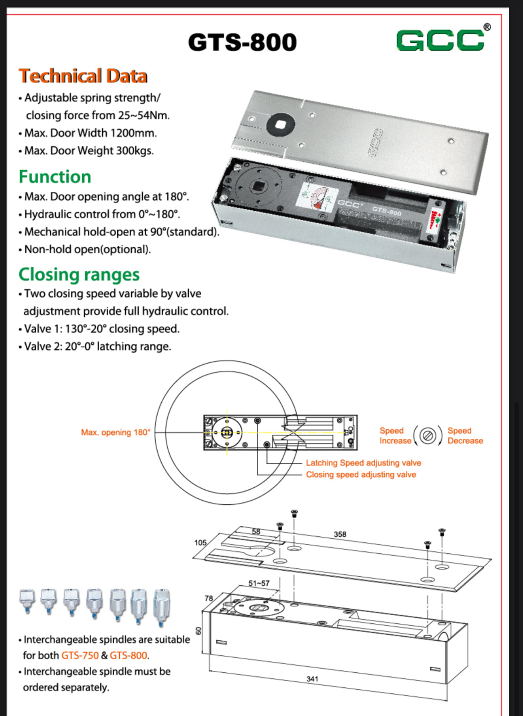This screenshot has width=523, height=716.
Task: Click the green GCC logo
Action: click(x=440, y=40)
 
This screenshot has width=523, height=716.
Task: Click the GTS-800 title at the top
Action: click(x=242, y=42)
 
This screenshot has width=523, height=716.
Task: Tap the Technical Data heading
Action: click(x=83, y=76)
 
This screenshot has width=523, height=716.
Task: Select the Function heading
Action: click(x=55, y=177)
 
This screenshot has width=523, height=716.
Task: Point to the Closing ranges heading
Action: click(x=79, y=274)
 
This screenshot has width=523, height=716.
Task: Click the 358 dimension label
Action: click(x=340, y=534)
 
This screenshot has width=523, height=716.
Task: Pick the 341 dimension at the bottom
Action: click(x=312, y=679)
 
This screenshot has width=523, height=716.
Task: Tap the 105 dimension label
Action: click(x=200, y=542)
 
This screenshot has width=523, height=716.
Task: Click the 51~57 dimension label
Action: click(x=259, y=583)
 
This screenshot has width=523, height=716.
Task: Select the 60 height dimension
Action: click(x=198, y=630)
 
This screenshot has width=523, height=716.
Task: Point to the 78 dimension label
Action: click(x=209, y=598)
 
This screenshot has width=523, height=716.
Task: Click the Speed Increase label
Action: click(x=395, y=436)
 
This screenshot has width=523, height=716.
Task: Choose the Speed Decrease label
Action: click(x=465, y=436)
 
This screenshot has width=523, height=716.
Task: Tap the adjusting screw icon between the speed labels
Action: click(x=428, y=436)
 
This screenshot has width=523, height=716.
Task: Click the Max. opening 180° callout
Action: click(x=116, y=432)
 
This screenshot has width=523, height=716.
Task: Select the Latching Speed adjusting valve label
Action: click(x=364, y=463)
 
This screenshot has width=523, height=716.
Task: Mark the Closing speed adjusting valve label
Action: click(x=361, y=475)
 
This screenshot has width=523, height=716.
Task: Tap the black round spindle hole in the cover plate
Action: click(x=280, y=124)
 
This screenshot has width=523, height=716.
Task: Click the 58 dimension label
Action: click(x=256, y=532)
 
